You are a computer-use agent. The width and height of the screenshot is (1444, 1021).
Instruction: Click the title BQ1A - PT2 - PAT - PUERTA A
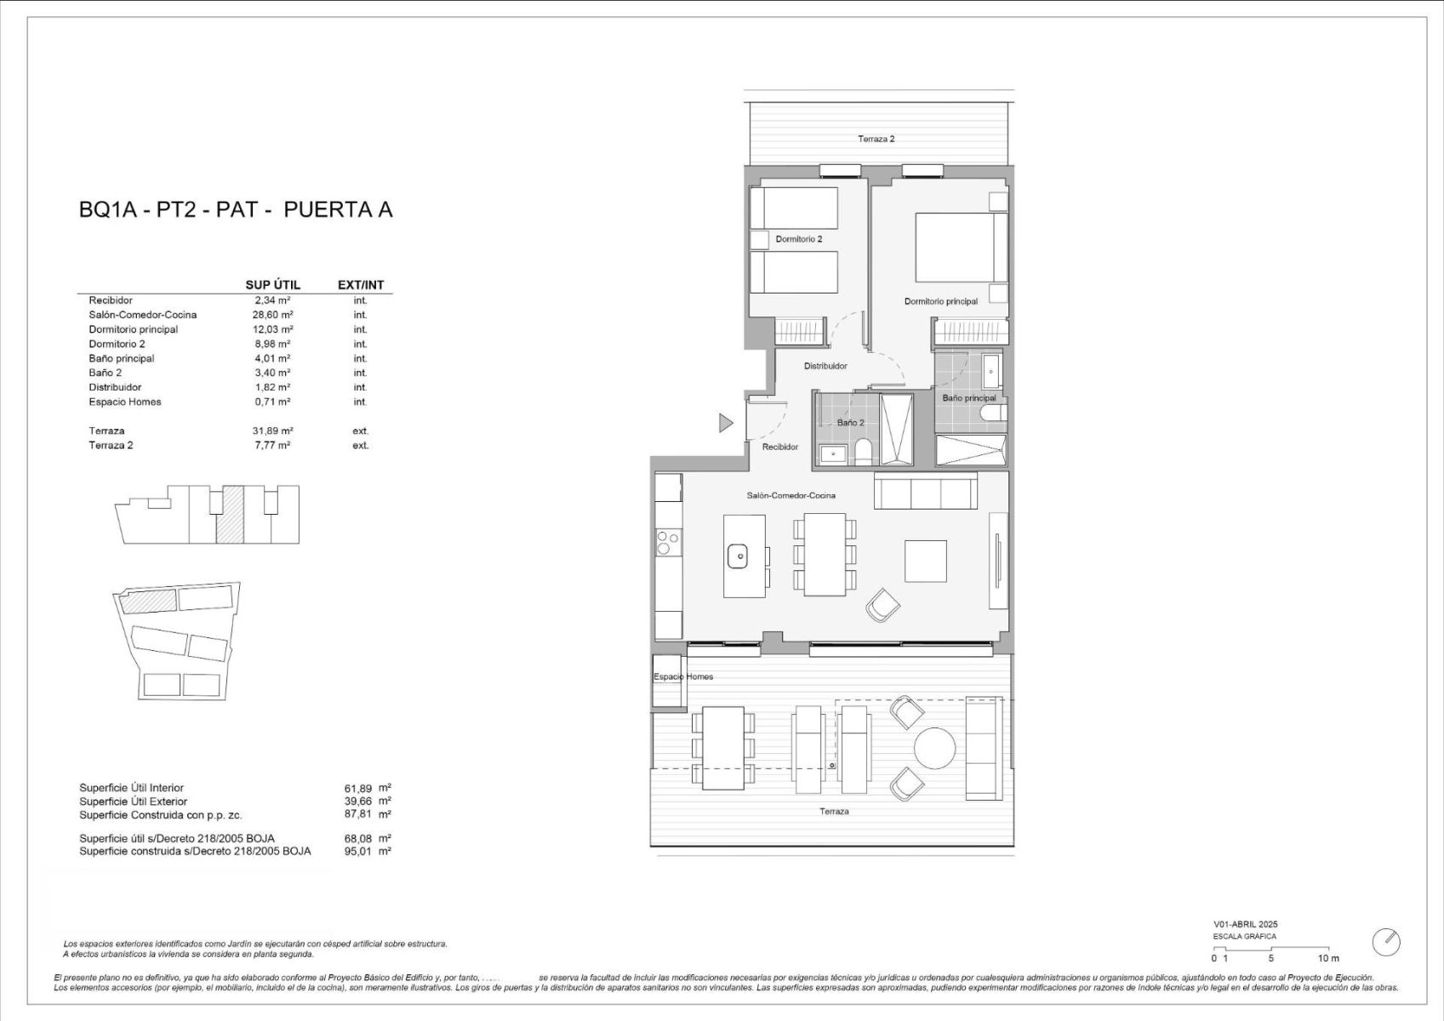[x=236, y=209]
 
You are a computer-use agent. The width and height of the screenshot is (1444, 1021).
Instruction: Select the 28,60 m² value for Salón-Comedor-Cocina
[x=272, y=315]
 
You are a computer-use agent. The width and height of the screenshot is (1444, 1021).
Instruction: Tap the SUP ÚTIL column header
[x=272, y=285]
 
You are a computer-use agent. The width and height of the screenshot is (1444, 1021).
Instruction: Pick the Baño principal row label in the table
[x=121, y=358]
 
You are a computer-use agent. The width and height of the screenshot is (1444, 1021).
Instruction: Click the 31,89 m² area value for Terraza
[x=272, y=431]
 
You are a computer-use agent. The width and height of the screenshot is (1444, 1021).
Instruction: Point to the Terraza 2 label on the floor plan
[x=876, y=139]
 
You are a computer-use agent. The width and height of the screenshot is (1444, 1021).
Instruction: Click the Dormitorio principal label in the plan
[x=940, y=301]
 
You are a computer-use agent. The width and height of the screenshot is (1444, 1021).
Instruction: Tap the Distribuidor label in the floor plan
[x=825, y=366]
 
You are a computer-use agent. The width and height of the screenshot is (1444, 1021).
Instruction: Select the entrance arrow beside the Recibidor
[x=726, y=423]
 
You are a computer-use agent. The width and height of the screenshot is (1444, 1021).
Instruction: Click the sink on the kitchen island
[x=738, y=556]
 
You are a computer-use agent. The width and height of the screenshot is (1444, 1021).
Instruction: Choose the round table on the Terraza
[x=935, y=749]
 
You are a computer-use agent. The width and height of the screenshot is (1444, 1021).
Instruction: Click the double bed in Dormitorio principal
[x=961, y=248]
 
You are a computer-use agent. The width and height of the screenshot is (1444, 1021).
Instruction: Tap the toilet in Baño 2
[x=863, y=452]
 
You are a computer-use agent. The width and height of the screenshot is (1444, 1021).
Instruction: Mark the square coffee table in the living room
[x=925, y=562]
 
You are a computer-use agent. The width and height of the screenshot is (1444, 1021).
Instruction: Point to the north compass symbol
[x=1386, y=943]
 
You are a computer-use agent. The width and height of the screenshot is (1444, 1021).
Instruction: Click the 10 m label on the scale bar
[x=1328, y=959]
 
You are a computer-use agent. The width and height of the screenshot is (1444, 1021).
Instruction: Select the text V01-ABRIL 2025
[x=1246, y=924]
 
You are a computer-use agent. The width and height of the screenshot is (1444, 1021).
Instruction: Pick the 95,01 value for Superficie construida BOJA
[x=357, y=851]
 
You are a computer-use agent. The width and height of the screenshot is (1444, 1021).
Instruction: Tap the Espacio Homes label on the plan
[x=683, y=676]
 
